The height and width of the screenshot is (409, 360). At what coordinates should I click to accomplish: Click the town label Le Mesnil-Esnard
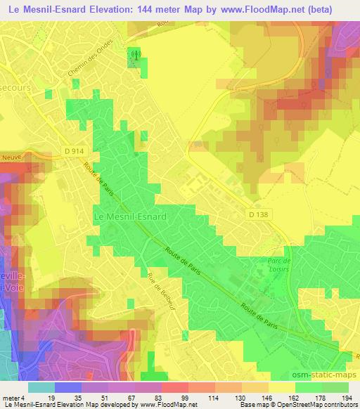130,217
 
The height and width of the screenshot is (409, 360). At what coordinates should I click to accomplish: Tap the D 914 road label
71,152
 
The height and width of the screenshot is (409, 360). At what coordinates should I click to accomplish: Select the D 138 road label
259,212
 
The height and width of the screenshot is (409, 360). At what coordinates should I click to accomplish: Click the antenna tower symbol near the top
134,53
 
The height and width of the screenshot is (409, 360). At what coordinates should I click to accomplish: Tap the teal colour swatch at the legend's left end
41,387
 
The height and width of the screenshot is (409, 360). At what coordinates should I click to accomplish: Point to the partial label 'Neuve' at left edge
11,157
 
